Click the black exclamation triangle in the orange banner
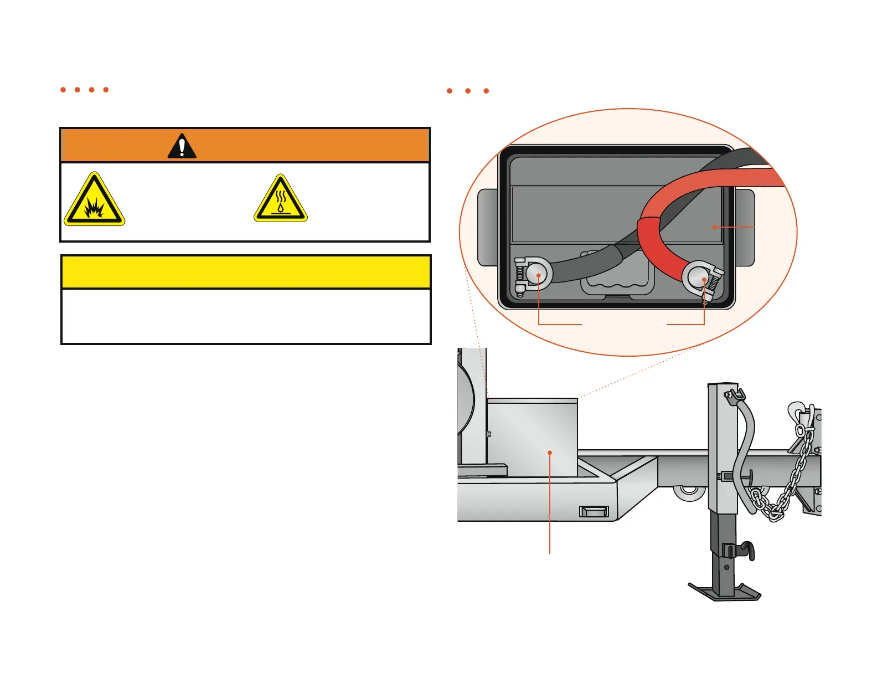coord(182,146)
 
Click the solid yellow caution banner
coord(246,272)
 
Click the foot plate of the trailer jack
coord(724,592)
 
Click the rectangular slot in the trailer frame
coord(594,511)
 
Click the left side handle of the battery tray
coord(487,227)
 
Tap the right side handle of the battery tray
coord(746,227)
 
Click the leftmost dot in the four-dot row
coord(63,90)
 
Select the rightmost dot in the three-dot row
coord(486,91)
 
